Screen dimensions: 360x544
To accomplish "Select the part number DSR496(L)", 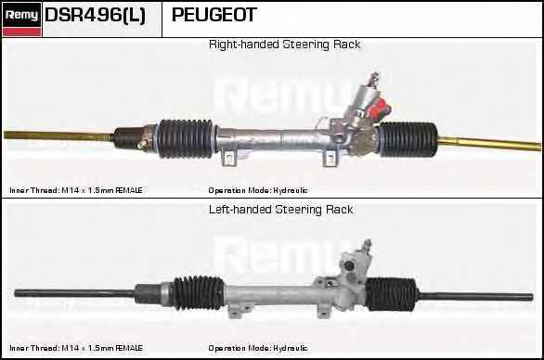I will (x=95, y=16).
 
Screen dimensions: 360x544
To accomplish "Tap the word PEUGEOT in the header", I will (x=214, y=16).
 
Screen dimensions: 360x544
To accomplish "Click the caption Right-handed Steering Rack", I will (x=284, y=45).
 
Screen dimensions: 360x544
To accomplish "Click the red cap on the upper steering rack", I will (x=376, y=112).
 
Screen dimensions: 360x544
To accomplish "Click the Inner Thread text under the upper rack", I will (x=76, y=190).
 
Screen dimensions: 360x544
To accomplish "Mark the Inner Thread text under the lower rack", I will (x=76, y=348).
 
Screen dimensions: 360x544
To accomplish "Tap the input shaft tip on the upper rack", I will (x=376, y=74).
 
